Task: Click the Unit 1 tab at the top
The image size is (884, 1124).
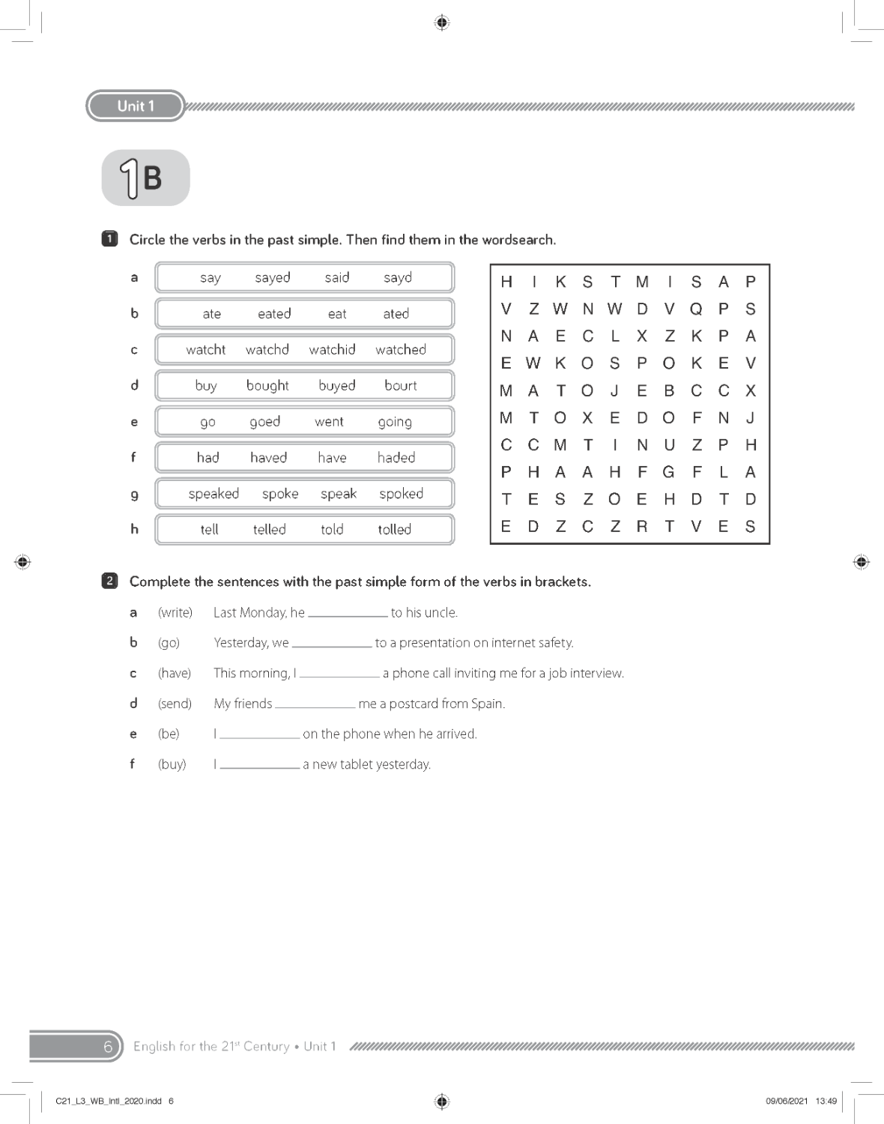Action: click(136, 106)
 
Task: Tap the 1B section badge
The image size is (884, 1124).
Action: click(145, 178)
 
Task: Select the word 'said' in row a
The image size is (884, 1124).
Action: click(337, 277)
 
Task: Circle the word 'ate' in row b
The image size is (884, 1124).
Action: click(211, 314)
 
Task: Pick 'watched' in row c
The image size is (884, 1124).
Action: click(401, 349)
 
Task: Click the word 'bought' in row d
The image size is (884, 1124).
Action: click(267, 385)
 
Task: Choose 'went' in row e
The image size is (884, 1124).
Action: click(329, 421)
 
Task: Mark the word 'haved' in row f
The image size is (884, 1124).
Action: click(268, 457)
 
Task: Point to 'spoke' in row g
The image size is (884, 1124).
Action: click(280, 494)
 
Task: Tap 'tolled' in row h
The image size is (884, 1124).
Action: click(394, 529)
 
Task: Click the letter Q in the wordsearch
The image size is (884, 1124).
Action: click(696, 309)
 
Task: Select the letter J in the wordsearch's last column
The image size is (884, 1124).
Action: click(750, 417)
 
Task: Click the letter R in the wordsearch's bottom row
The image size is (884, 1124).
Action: click(642, 526)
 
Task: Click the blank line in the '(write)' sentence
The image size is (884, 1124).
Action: click(348, 613)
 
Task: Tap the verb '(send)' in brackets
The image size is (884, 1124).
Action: click(175, 704)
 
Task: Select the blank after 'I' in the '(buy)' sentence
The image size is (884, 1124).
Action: click(259, 765)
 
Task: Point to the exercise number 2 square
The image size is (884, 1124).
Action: click(109, 581)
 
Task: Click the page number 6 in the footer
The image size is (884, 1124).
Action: click(107, 1046)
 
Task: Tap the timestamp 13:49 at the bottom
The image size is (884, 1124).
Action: click(826, 1101)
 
